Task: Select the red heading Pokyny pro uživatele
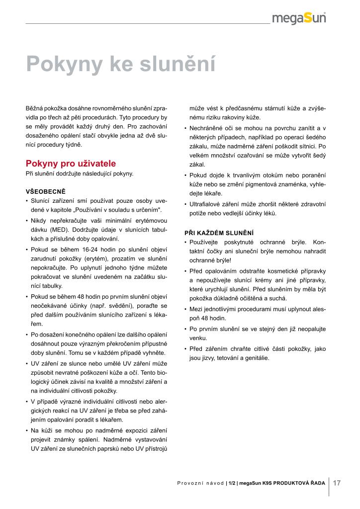click(x=71, y=163)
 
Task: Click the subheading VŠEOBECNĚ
click(x=45, y=191)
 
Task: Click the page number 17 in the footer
click(x=337, y=483)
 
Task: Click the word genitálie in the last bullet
click(x=254, y=357)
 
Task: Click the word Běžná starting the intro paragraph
click(x=34, y=108)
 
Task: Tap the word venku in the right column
click(x=198, y=338)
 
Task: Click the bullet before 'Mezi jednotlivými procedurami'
click(x=185, y=309)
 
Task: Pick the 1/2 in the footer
click(x=232, y=483)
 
